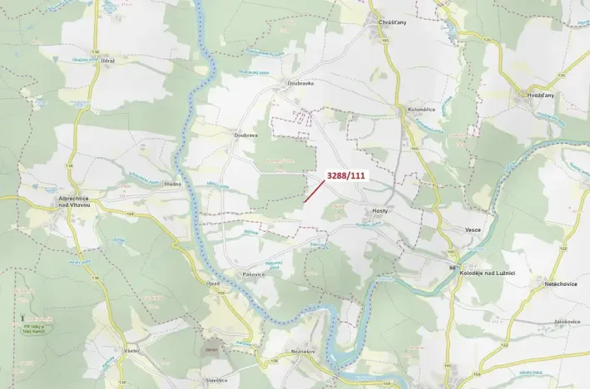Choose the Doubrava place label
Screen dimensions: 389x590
point(246,135)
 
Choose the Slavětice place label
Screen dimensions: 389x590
point(216,381)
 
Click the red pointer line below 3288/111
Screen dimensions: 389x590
point(309,192)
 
